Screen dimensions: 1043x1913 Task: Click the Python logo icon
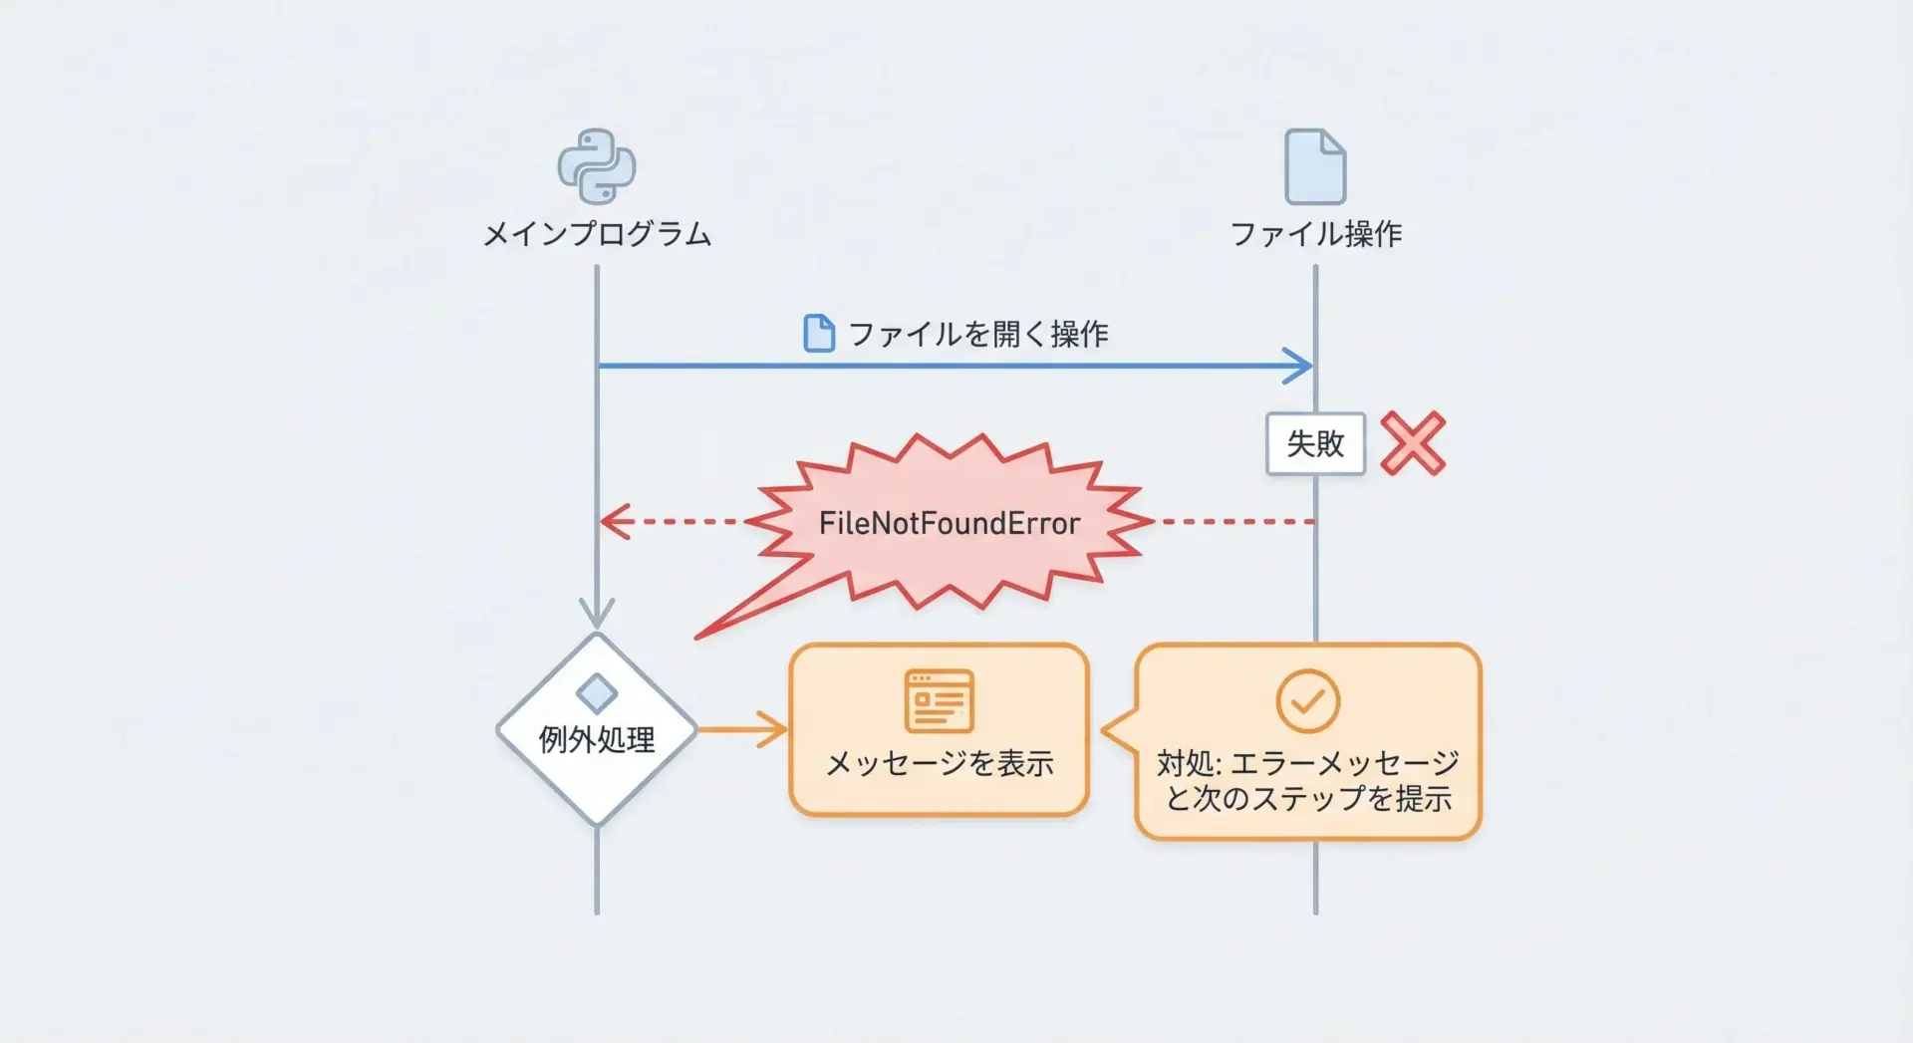click(596, 166)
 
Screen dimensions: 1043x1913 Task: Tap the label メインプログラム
click(596, 234)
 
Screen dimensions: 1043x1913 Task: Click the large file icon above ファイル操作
click(1315, 166)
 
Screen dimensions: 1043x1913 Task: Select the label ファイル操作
click(1315, 234)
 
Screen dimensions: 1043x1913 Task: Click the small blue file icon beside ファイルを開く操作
click(819, 334)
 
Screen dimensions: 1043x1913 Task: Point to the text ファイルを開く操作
click(977, 334)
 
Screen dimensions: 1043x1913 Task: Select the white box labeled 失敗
click(1315, 443)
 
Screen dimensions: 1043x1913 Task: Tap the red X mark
click(1413, 443)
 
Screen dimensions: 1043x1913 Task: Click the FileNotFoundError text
click(949, 523)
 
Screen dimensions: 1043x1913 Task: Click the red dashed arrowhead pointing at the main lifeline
click(614, 521)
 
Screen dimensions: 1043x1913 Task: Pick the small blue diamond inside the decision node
click(596, 693)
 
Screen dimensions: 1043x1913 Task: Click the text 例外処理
click(596, 739)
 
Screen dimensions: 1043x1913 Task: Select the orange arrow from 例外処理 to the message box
click(742, 729)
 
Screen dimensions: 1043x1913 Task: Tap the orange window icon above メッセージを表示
click(939, 701)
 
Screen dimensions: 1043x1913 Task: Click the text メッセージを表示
click(939, 763)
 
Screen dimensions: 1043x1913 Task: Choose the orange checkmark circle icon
click(1307, 701)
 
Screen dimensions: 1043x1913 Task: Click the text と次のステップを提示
click(1307, 799)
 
